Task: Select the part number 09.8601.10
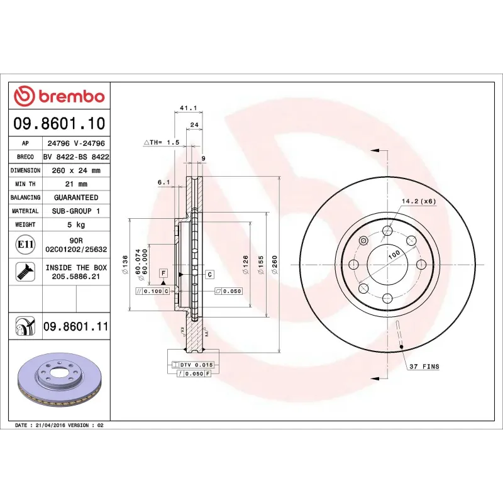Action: (60, 124)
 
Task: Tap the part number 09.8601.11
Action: (76, 326)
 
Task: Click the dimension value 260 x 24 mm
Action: (75, 170)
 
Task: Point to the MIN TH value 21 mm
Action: (75, 184)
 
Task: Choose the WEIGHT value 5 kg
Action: (75, 224)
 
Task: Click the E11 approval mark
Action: (25, 243)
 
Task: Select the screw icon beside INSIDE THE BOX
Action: (25, 272)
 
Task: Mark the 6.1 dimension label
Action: (163, 182)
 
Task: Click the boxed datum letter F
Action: (163, 274)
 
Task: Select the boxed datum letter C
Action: (209, 274)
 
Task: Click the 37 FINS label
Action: (426, 366)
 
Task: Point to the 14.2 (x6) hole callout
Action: (419, 201)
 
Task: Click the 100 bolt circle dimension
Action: (394, 255)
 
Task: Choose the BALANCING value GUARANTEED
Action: (75, 197)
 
